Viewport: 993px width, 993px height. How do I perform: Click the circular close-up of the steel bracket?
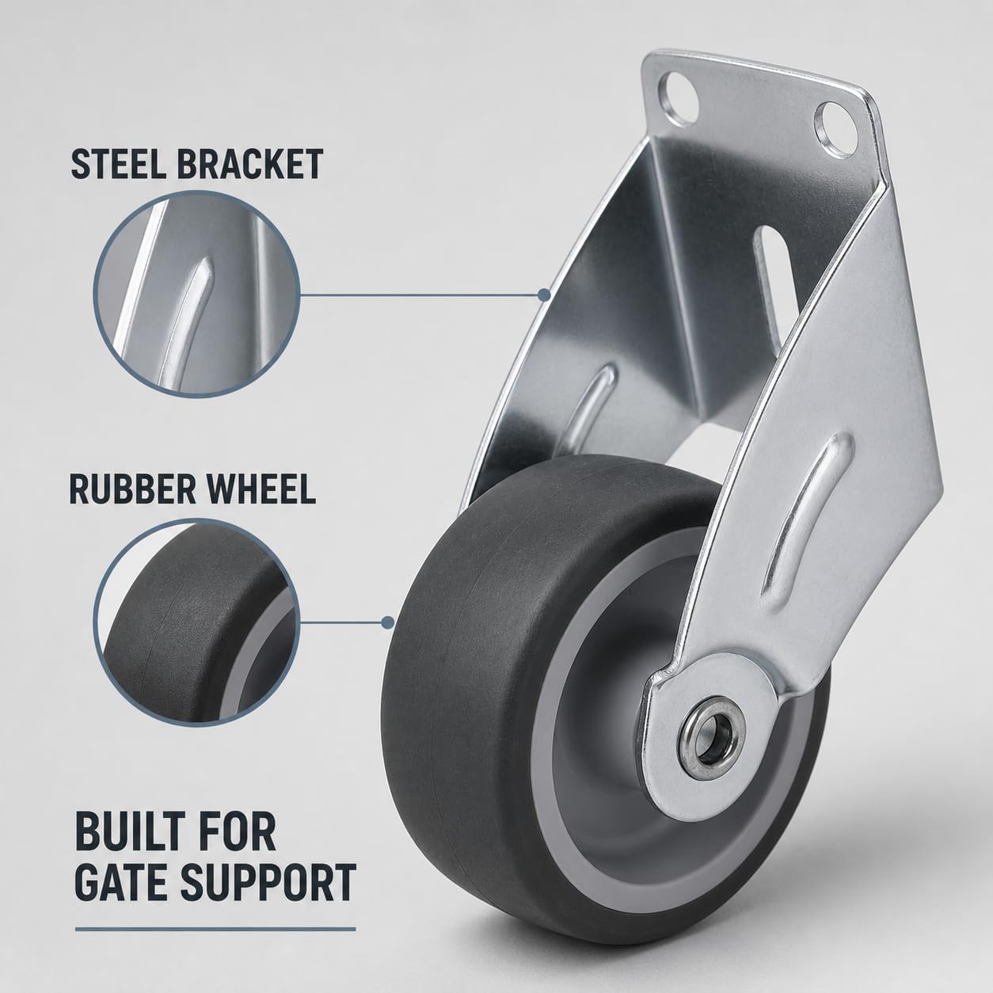(x=196, y=295)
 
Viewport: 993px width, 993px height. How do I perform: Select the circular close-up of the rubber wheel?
(x=196, y=622)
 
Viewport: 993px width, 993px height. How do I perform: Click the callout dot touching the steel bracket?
(x=542, y=295)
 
